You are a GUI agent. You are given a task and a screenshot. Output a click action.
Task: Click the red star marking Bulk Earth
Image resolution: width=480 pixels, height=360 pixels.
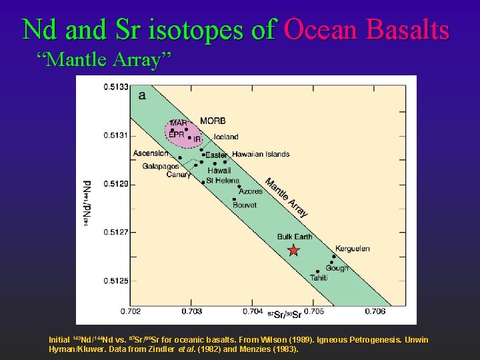293,251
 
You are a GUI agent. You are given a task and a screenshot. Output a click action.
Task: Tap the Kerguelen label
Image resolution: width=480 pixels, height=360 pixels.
352,249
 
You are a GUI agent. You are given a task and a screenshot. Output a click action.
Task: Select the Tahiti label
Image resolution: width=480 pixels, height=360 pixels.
319,278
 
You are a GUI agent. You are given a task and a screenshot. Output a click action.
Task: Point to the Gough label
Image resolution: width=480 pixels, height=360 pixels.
337,268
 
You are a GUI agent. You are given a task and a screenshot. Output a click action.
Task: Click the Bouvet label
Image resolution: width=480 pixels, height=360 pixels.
245,205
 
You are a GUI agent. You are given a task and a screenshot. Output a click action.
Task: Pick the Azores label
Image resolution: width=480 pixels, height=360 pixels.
251,191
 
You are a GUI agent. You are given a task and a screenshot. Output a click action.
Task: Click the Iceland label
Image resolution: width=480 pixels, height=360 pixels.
226,137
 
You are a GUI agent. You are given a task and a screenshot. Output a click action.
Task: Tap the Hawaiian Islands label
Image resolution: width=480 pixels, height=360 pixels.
261,154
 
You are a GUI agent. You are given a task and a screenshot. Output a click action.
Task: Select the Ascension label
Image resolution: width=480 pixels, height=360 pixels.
151,153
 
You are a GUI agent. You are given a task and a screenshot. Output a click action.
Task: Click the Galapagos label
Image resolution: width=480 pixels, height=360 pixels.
161,166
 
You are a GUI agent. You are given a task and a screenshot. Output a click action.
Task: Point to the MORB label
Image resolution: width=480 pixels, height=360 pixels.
213,121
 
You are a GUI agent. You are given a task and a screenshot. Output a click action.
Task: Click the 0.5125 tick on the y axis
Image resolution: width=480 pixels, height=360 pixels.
115,281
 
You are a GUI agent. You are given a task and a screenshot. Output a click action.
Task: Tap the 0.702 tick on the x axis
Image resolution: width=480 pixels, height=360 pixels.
131,311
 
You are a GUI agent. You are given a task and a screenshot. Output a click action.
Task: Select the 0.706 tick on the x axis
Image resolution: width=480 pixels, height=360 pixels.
375,311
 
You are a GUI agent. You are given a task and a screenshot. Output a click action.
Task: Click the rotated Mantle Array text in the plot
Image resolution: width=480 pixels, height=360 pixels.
287,198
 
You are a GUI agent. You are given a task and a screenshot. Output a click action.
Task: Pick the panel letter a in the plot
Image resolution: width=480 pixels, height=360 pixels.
141,95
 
